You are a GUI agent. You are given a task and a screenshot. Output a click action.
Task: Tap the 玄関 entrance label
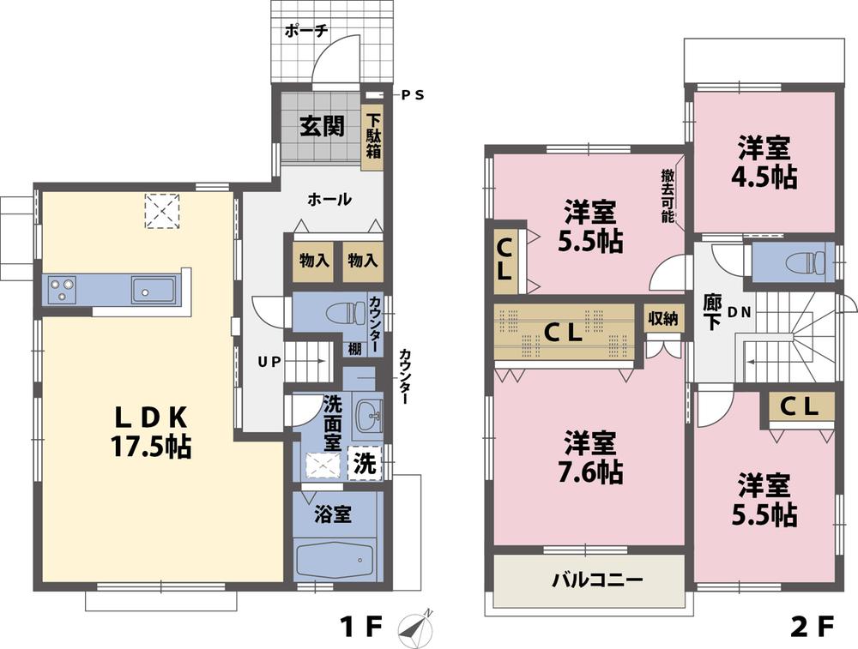322,127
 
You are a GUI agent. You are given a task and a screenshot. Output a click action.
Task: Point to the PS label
414,95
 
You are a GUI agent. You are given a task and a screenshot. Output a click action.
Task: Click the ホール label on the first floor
329,200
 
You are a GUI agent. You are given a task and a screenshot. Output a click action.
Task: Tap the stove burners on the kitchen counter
61,289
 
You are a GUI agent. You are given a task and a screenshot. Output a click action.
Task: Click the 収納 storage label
662,318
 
